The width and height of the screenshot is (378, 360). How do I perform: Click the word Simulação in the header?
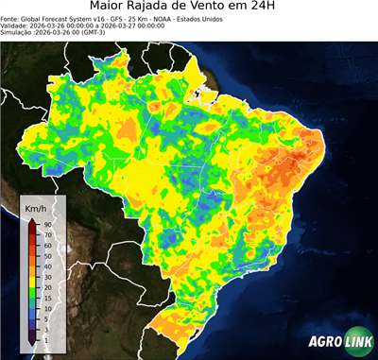point(17,31)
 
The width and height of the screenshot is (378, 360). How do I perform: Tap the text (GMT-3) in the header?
point(112,31)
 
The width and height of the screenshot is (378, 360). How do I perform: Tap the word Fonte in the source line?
point(12,18)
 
